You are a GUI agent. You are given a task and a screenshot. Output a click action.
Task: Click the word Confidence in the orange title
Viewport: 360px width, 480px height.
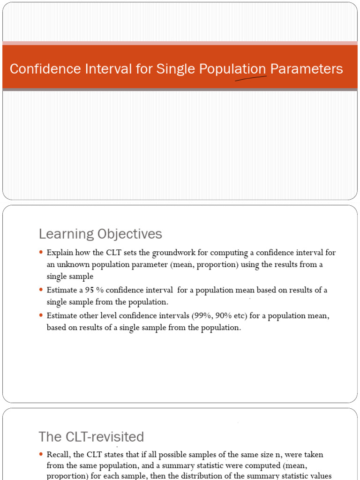pos(39,69)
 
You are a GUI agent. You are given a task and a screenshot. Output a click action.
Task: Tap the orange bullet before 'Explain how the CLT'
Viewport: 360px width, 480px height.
pos(41,253)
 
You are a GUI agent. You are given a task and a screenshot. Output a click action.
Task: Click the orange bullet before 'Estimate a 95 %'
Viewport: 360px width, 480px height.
pos(41,290)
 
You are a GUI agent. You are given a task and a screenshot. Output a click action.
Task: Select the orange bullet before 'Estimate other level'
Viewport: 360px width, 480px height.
pos(41,316)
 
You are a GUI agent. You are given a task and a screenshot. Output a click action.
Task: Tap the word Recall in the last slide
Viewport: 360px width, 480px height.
pos(57,454)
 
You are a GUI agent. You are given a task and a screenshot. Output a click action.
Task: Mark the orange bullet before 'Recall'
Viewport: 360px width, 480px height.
pos(41,454)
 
